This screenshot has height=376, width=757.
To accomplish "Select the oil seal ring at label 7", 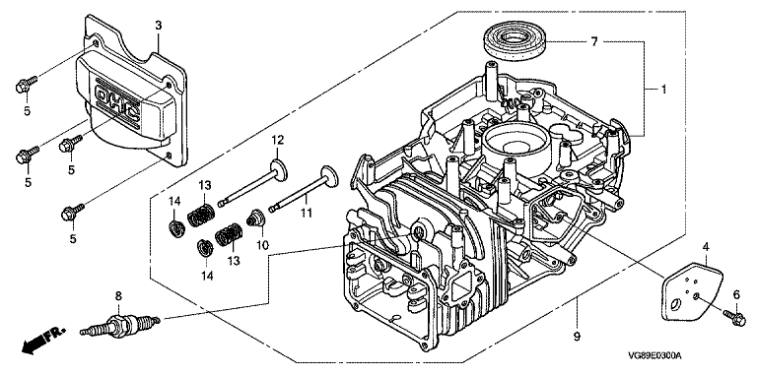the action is tap(515, 41).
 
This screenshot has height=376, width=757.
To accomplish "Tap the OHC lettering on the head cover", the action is tap(118, 103).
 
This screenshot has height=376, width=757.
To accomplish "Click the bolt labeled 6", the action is tap(734, 318).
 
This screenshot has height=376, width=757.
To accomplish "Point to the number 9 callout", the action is tap(577, 336).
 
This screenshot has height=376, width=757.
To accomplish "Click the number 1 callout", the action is tap(663, 90).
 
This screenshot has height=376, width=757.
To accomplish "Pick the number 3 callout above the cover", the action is tap(159, 26).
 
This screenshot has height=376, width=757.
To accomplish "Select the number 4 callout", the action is tap(706, 248).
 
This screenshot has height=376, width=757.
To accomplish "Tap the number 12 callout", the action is tap(278, 141).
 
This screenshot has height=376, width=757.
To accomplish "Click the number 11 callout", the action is tap(308, 212).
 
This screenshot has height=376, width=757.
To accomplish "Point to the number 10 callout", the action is tap(262, 245).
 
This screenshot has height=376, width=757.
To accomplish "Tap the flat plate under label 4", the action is tap(692, 291).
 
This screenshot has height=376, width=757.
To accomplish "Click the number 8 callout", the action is tap(118, 296).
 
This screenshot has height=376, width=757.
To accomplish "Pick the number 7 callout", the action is tap(594, 42).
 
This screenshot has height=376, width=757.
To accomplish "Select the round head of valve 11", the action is tap(328, 176).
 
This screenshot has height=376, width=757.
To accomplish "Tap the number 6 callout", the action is tap(736, 295).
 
